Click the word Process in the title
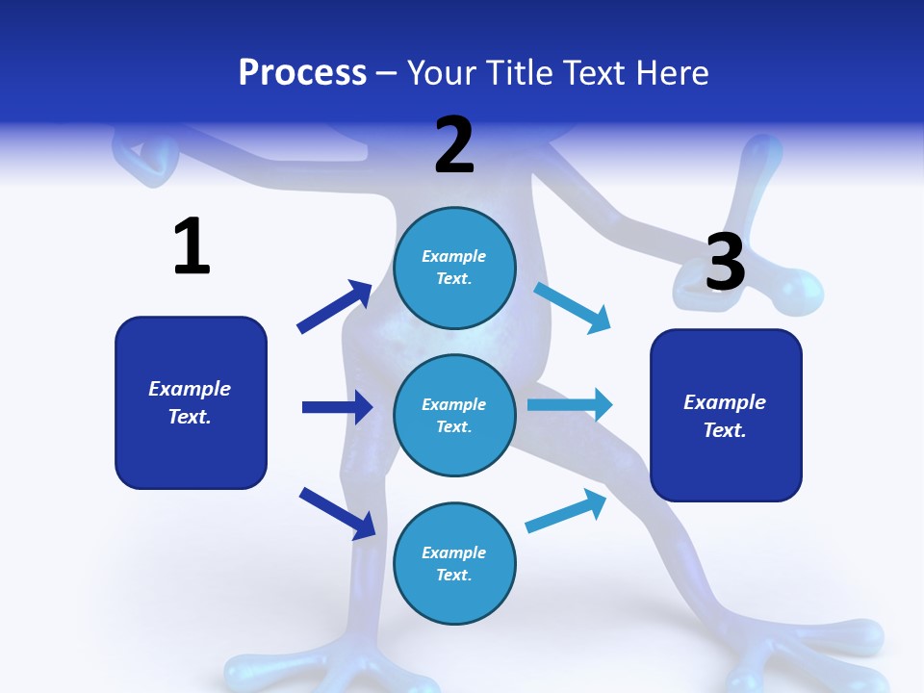pos(302,73)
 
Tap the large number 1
pos(192,246)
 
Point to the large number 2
pos(454,145)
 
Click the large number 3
pos(726,263)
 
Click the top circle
pos(454,268)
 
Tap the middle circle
pos(454,416)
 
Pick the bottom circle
pos(454,564)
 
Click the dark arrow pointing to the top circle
pos(334,307)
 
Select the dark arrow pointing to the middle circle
pos(337,407)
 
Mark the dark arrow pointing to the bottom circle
pos(337,512)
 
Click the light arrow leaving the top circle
pos(573,307)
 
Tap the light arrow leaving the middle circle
pos(570,404)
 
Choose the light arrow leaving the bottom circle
pos(566,511)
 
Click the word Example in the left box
pos(190,389)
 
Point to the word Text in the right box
pos(725,430)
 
